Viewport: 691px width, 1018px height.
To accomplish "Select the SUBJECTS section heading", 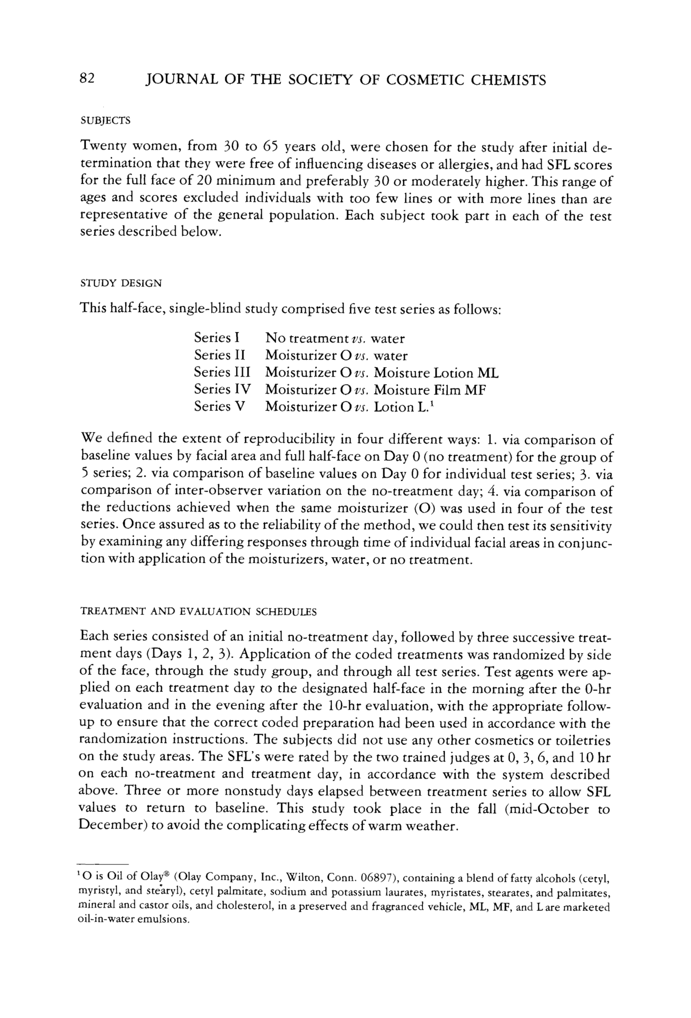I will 106,120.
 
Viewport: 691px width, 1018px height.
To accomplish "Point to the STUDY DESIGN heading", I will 121,283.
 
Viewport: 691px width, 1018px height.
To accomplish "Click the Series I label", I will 217,338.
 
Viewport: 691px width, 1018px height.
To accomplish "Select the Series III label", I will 222,372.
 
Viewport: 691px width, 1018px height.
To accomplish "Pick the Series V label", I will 219,406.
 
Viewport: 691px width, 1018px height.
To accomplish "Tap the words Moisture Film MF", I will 430,389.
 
